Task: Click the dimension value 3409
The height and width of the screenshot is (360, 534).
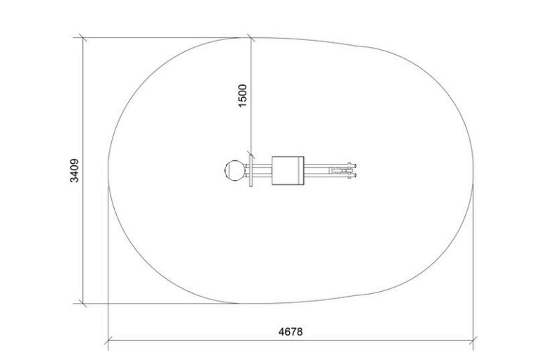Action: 74,170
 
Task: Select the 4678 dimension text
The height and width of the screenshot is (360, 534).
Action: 290,331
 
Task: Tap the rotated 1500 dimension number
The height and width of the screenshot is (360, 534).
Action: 242,96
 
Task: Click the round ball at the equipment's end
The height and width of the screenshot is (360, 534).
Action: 235,170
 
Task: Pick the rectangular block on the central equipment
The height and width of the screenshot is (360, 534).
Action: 288,170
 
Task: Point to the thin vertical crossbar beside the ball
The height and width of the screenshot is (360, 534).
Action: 251,170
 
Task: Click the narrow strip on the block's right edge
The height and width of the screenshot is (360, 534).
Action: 301,170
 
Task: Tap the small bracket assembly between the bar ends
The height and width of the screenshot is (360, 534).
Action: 341,170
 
